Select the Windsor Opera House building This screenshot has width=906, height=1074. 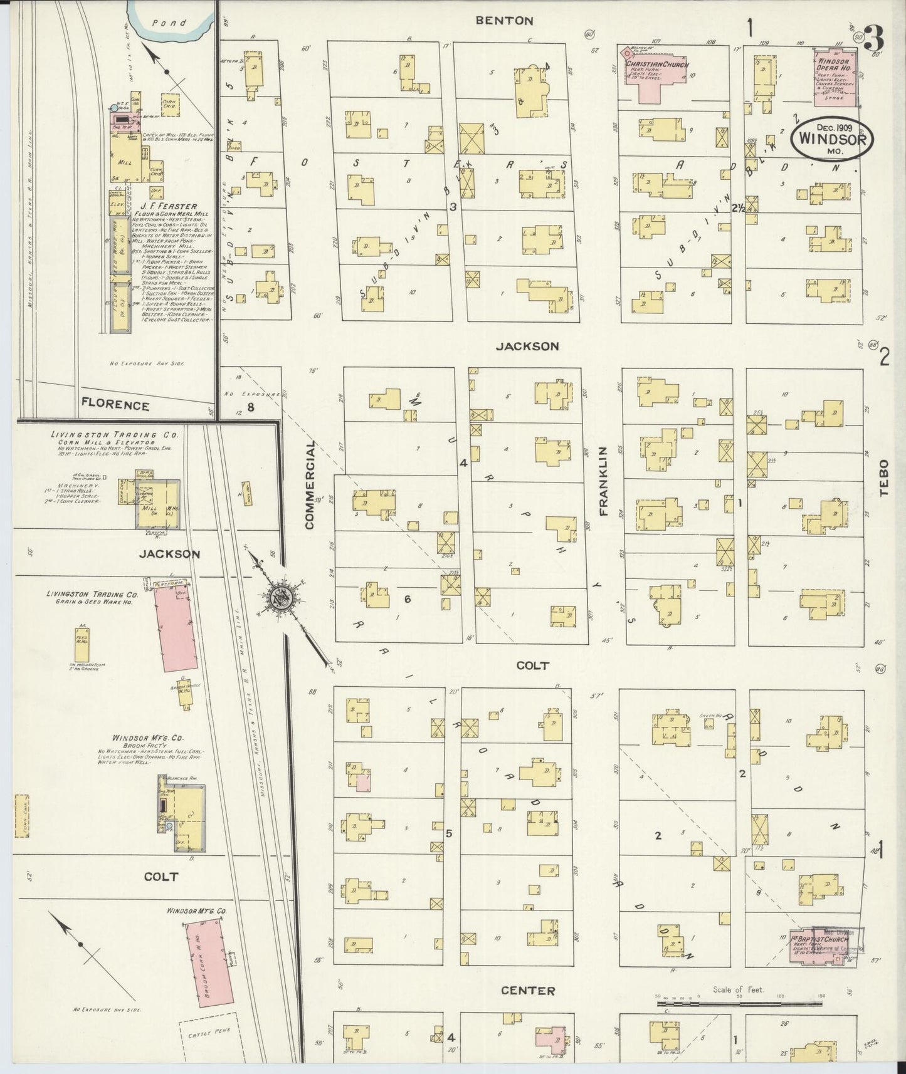(x=836, y=78)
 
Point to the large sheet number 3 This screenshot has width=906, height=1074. (x=876, y=39)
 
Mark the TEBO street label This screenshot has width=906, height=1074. (x=885, y=478)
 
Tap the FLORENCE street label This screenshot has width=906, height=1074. (x=115, y=405)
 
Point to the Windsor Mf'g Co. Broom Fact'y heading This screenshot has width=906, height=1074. (x=139, y=739)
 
